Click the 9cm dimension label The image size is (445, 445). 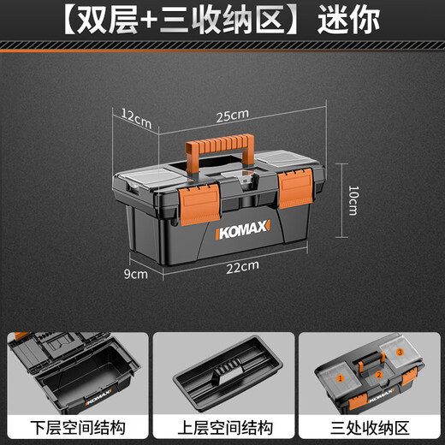click(x=134, y=274)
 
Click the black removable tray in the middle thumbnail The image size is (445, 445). click(x=222, y=373)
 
